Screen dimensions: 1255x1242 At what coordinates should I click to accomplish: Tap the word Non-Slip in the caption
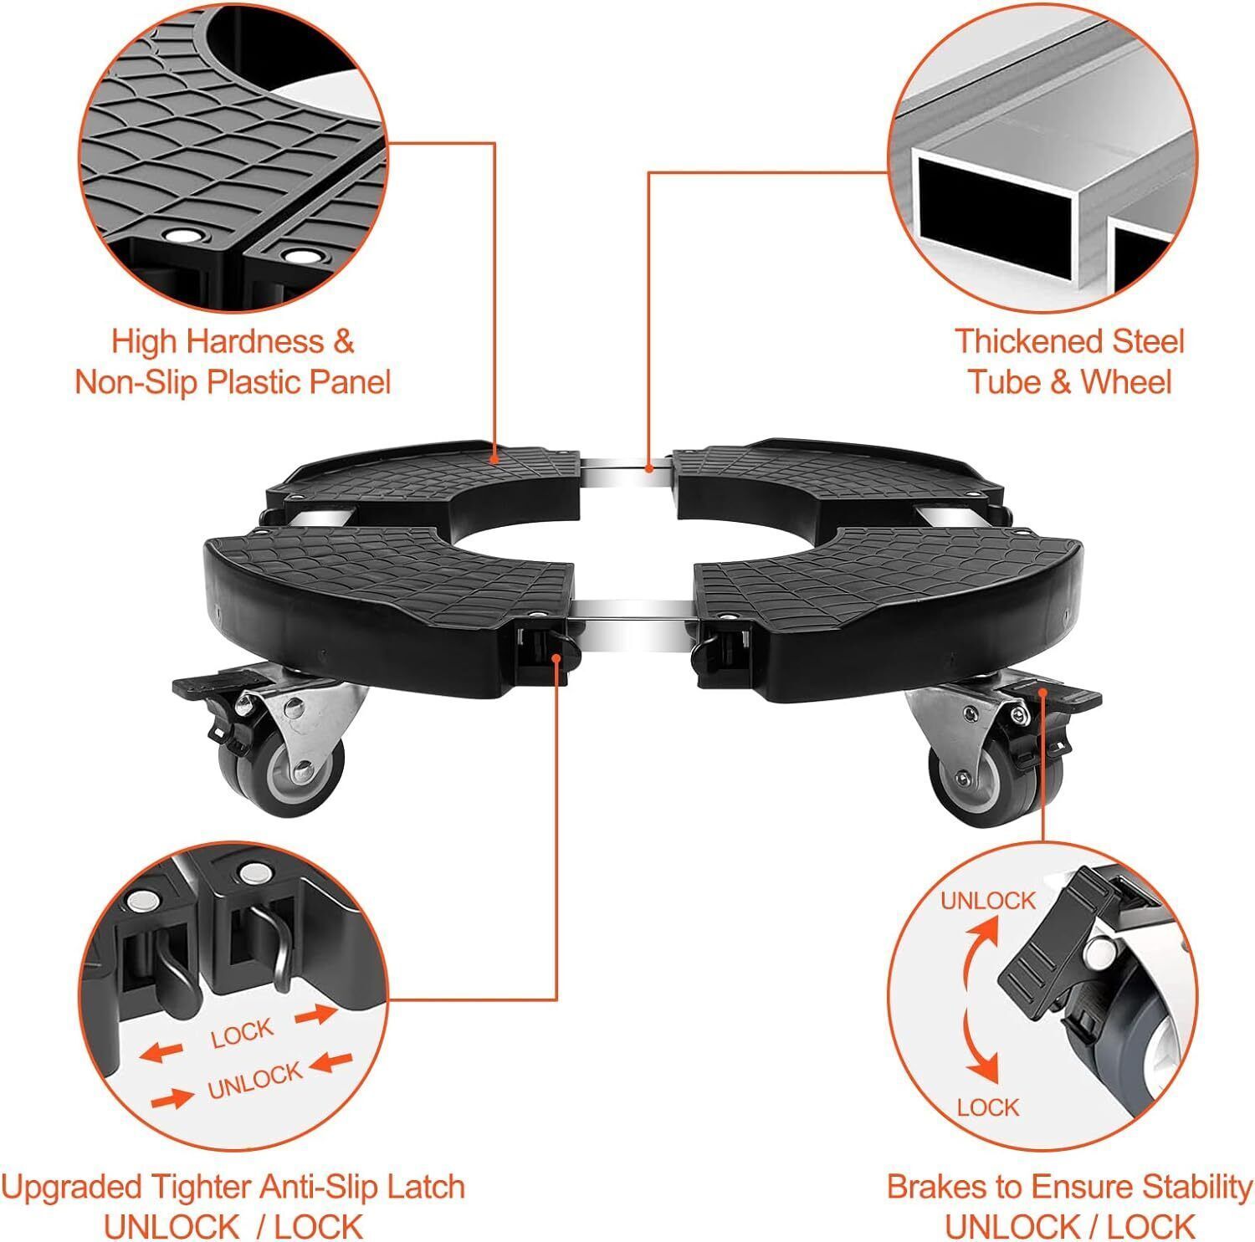pyautogui.click(x=134, y=382)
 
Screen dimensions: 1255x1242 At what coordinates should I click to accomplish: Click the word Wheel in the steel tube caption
pyautogui.click(x=1126, y=382)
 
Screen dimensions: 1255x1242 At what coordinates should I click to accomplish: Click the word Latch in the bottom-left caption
pyautogui.click(x=423, y=1187)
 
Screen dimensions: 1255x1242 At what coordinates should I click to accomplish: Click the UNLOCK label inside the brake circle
pyautogui.click(x=988, y=901)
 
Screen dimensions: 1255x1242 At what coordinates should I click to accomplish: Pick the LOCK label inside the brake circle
pyautogui.click(x=988, y=1108)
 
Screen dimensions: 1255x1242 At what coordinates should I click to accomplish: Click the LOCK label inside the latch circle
pyautogui.click(x=242, y=1034)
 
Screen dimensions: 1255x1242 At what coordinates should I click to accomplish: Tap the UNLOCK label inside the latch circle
pyautogui.click(x=254, y=1081)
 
